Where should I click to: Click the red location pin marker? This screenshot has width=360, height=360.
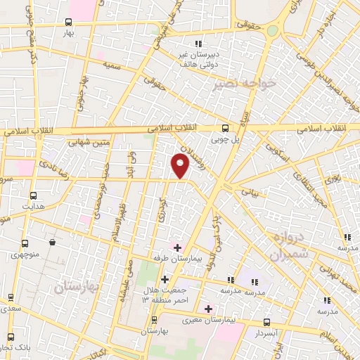coord(181,166)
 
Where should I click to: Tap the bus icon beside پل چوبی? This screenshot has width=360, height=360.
coord(225,127)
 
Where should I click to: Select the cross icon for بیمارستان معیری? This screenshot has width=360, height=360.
coord(207,308)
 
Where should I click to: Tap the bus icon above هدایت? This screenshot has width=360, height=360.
coord(33,195)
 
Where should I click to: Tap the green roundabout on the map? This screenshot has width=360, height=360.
coord(272,30)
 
